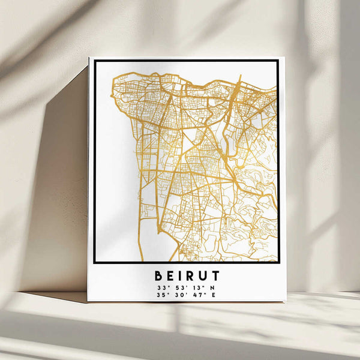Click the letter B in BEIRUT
(159, 276)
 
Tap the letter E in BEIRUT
(171, 276)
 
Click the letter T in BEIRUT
(215, 276)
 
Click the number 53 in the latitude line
(178, 287)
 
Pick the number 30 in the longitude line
(178, 295)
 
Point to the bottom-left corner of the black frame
(95, 262)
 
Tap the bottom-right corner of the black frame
(278, 262)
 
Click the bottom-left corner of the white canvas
(88, 301)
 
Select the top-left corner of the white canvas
(89, 58)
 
